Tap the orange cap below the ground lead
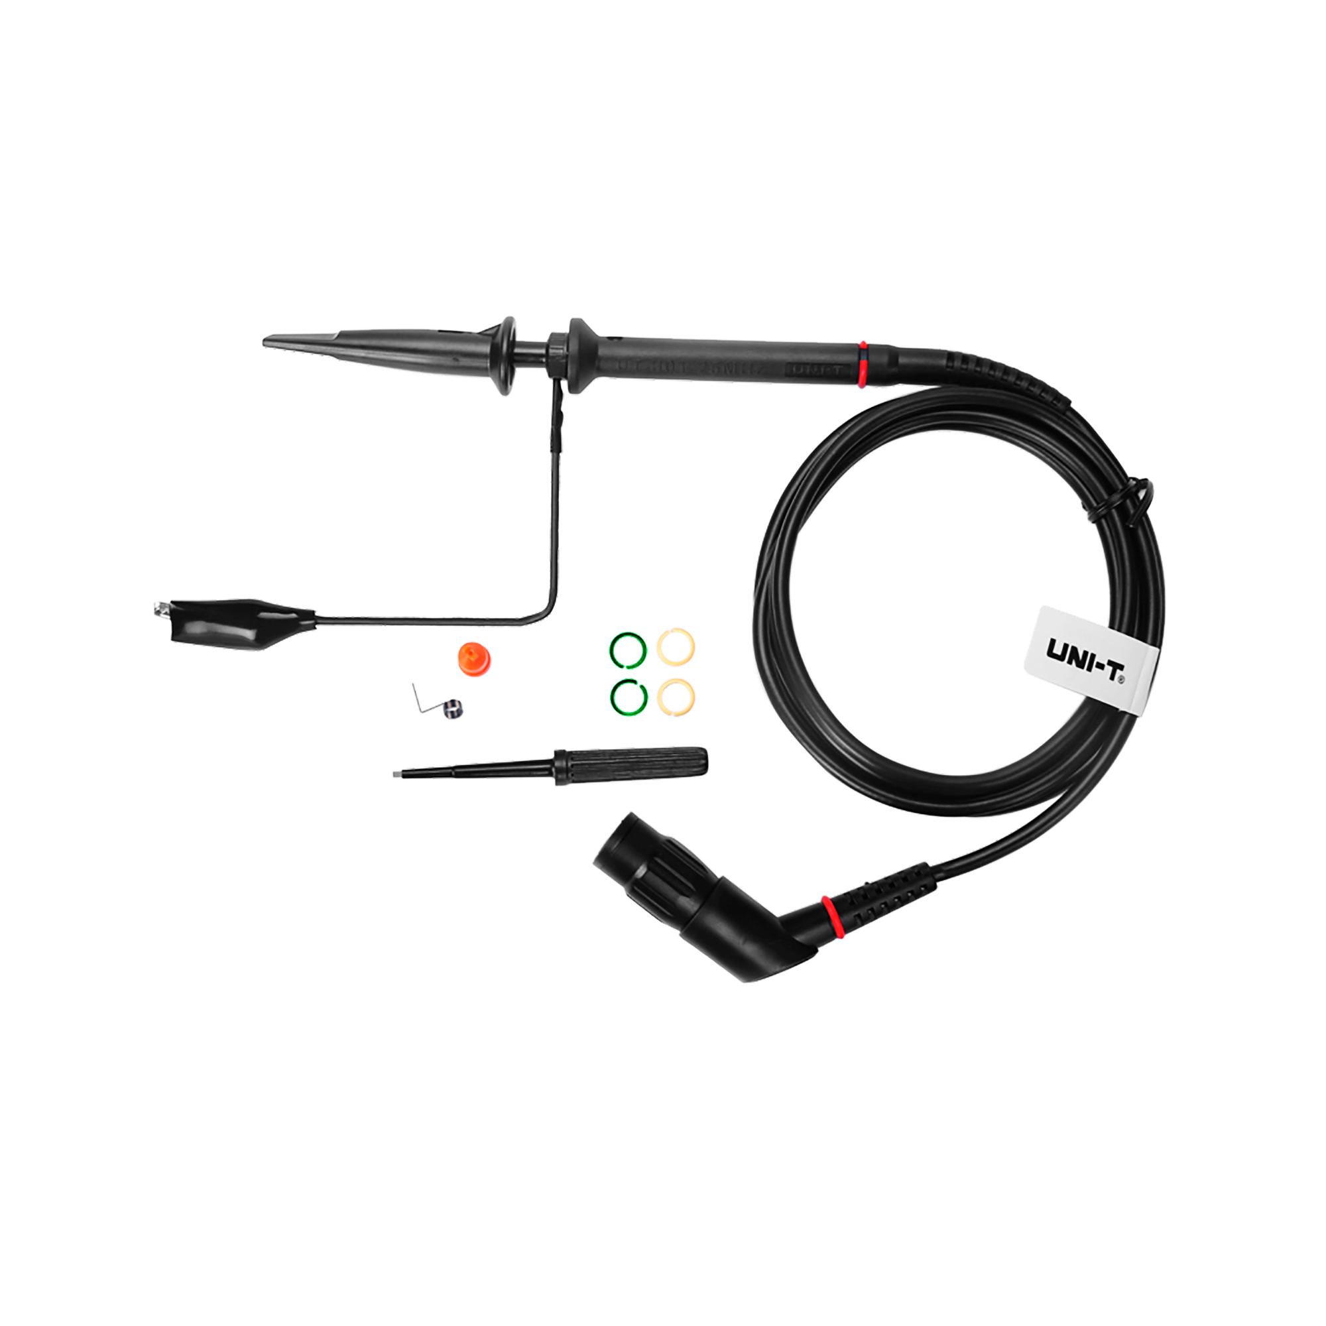[x=474, y=657]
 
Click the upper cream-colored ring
[x=676, y=646]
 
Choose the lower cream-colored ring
[x=676, y=697]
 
